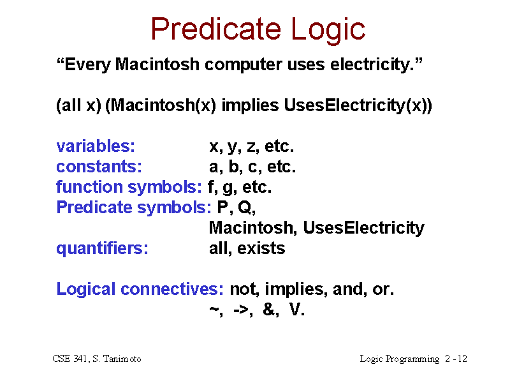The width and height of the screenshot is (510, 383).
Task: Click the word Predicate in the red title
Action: coord(216,29)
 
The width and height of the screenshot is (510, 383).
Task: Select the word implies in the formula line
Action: coord(250,106)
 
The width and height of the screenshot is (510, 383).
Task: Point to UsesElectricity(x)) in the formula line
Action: coord(358,105)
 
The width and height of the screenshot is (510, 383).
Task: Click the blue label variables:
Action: coord(96,146)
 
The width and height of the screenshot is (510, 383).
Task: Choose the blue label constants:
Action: coord(99,167)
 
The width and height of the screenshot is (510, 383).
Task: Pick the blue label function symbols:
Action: coord(129,187)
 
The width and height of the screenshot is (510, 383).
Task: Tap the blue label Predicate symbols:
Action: coord(134,207)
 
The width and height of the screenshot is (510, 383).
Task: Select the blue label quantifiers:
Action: coord(102,248)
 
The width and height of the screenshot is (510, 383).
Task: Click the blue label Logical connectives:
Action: coord(140,289)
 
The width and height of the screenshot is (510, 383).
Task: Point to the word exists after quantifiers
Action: coord(261,248)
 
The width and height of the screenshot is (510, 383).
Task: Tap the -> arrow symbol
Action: coord(242,310)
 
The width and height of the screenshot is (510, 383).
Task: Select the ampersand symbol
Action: coord(268,309)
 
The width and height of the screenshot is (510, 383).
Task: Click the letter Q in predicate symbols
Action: coord(245,207)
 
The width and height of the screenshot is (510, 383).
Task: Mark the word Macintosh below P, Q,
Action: coord(251,228)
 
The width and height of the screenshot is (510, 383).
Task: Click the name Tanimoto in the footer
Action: coord(122,359)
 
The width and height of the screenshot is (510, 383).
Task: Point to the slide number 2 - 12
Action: coord(456,359)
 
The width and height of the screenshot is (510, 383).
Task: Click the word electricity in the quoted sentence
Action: coord(372,65)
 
